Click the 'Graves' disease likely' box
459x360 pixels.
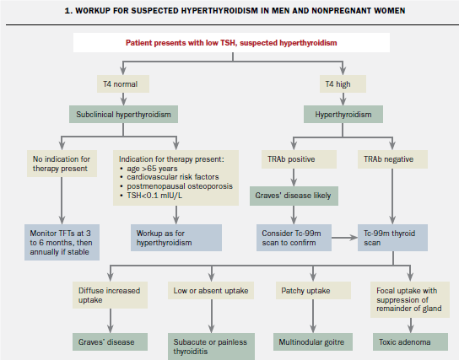pos(292,196)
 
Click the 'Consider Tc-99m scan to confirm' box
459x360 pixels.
pos(292,239)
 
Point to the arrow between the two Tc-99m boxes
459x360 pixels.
pos(340,239)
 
